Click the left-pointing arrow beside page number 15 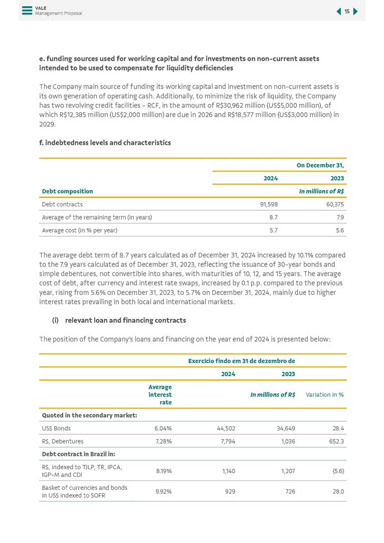click(x=338, y=12)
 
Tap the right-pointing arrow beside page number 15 click(x=355, y=12)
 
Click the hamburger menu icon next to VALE click(x=27, y=10)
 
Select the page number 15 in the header click(x=347, y=12)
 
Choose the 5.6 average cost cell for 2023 click(x=339, y=230)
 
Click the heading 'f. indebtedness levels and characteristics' click(x=105, y=143)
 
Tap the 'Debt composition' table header click(x=67, y=191)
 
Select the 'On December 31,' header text click(x=320, y=165)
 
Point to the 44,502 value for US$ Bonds click(x=226, y=428)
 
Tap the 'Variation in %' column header click(x=324, y=395)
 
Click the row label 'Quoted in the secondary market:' click(x=89, y=415)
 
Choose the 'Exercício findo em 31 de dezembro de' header click(x=241, y=361)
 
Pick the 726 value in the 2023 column click(x=290, y=491)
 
